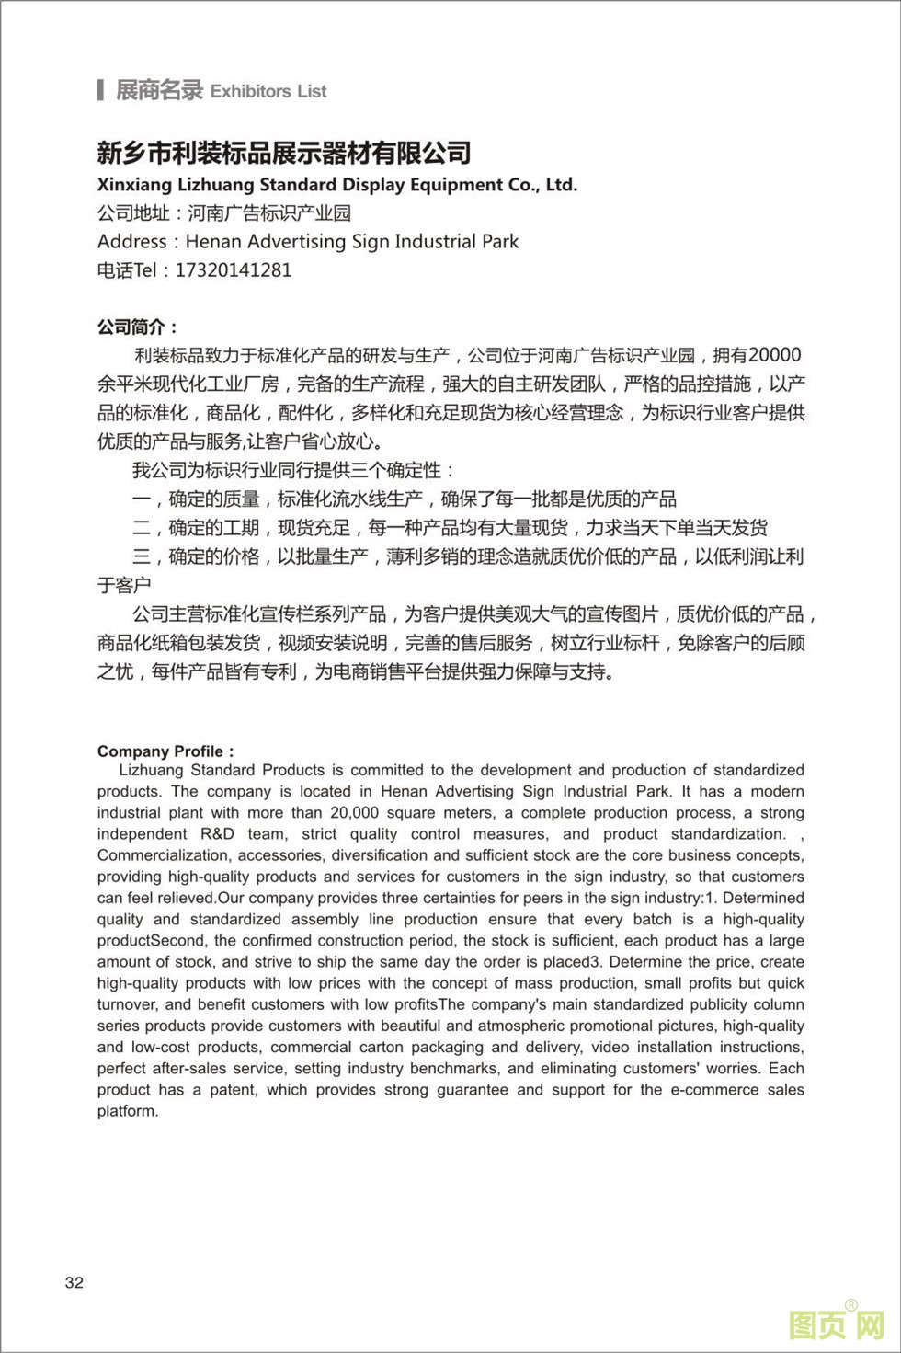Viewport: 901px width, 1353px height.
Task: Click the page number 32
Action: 74,1283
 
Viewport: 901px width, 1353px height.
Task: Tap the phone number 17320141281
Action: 233,270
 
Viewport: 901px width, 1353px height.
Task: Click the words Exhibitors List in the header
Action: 268,91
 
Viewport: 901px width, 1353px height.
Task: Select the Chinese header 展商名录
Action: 158,90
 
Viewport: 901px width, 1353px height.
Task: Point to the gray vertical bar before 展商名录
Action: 100,90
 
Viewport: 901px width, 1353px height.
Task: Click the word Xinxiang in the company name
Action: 136,185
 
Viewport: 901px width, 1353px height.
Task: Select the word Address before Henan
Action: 132,242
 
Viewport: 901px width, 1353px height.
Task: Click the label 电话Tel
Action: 128,270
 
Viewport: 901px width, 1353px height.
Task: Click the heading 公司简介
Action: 136,327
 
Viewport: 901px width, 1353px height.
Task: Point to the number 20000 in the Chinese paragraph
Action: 775,355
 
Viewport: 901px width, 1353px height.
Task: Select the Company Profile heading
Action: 165,751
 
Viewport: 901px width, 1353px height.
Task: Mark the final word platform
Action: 127,1111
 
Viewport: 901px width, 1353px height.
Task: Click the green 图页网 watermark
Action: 836,1325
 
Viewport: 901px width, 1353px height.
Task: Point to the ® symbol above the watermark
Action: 850,1304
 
